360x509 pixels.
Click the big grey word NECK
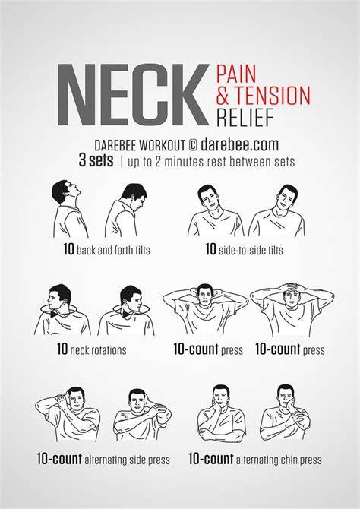(133, 95)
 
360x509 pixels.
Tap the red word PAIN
(237, 74)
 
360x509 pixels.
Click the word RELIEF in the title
(245, 117)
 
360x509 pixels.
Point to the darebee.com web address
(239, 144)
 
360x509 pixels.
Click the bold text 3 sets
(96, 161)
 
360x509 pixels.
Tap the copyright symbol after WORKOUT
(192, 145)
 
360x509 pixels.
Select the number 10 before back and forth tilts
(69, 249)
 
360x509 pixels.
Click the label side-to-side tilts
(251, 250)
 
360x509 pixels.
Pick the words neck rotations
(98, 350)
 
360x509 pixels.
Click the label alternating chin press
(279, 460)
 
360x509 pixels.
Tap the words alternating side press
(127, 460)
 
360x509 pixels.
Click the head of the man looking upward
(65, 191)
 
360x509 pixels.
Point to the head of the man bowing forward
(134, 197)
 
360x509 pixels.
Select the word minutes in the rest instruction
(183, 161)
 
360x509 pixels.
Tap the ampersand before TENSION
(223, 96)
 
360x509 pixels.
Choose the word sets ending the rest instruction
(285, 162)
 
